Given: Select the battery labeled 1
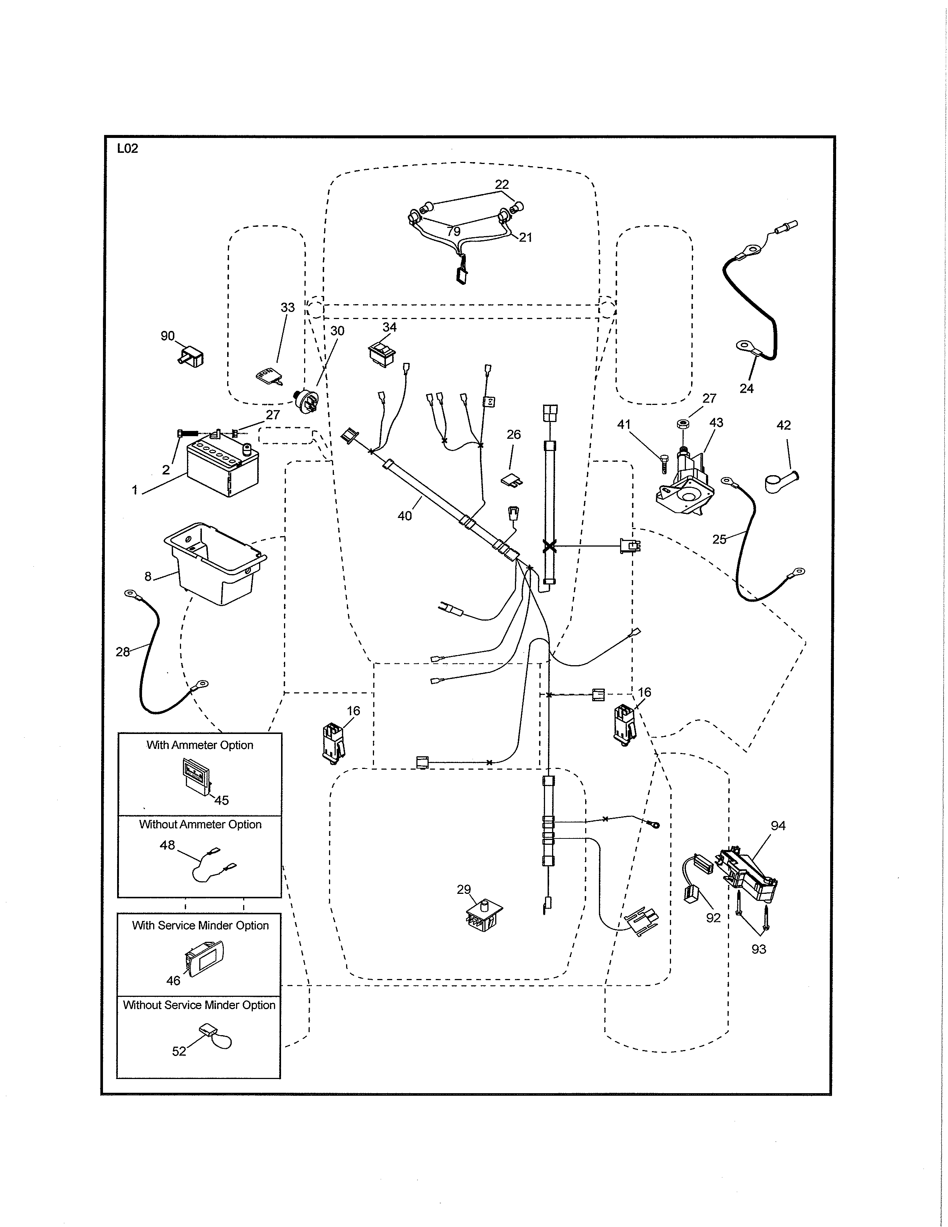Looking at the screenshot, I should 222,470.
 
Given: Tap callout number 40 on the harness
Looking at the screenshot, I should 404,516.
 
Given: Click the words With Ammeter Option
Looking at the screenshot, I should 200,745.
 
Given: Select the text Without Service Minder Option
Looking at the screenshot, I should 199,1005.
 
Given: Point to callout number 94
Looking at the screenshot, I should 778,826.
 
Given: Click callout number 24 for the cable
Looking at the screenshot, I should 746,388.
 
